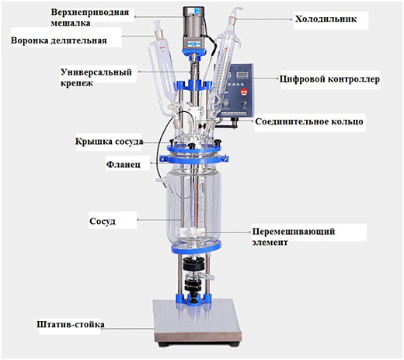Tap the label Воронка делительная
pos(58,40)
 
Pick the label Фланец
pos(122,165)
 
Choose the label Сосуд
pos(103,221)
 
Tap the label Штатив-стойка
pos(71,323)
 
